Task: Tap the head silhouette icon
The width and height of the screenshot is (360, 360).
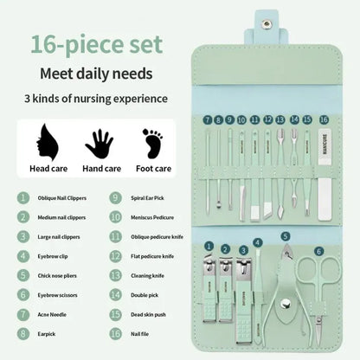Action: click(43, 139)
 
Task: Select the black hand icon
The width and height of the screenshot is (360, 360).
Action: click(99, 141)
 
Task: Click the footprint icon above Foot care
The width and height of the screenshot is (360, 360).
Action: click(153, 140)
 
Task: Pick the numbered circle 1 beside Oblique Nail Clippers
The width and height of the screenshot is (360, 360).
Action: click(21, 197)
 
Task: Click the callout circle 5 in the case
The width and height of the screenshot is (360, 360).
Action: click(286, 236)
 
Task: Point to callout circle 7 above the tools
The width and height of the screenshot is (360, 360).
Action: click(208, 119)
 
